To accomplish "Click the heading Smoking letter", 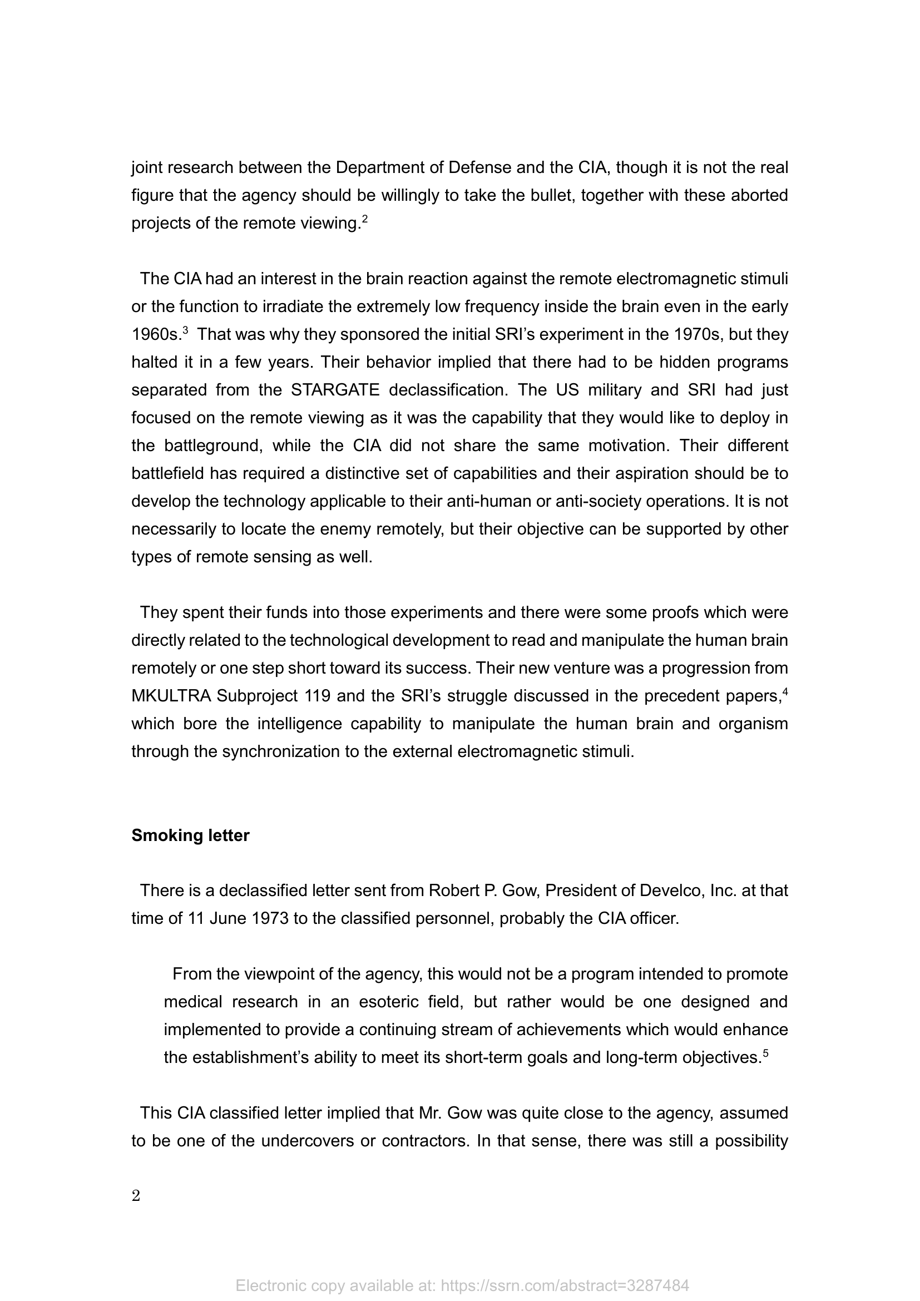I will coord(190,836).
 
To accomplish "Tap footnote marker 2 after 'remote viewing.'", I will coord(365,219).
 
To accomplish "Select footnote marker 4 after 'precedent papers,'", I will coord(785,691).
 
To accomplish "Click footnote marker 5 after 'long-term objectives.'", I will coord(766,1053).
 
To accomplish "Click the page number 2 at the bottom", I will coord(136,1196).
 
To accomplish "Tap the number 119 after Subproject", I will coord(317,696).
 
